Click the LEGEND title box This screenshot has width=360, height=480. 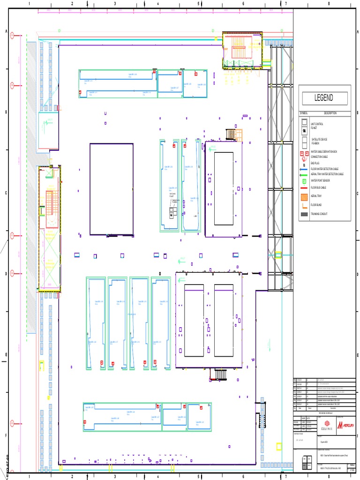(x=324, y=98)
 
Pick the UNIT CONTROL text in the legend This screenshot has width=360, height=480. (x=317, y=124)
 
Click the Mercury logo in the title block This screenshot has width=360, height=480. (x=345, y=425)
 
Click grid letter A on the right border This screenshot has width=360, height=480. (x=357, y=31)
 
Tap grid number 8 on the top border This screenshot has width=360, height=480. (x=329, y=4)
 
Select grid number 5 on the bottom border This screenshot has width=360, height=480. (x=199, y=477)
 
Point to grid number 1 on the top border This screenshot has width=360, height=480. (x=29, y=4)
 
